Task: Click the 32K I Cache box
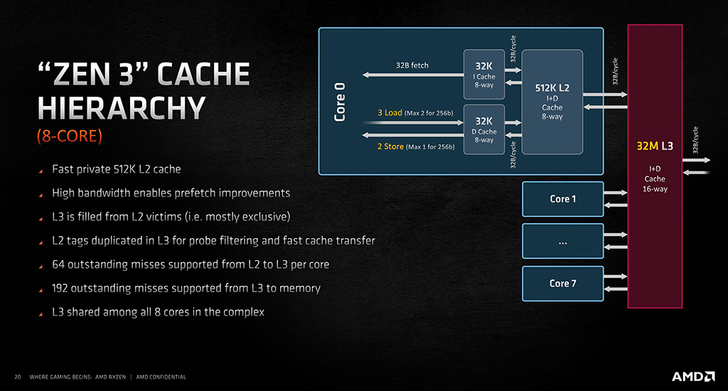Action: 483,75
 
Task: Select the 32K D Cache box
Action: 483,129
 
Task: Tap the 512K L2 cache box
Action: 552,102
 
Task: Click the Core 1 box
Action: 563,199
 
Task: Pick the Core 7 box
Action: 563,284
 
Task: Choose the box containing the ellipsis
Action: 563,241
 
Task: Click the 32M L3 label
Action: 655,146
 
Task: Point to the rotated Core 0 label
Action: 340,102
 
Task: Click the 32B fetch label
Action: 412,65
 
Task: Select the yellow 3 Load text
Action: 390,113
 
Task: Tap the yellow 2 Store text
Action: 390,146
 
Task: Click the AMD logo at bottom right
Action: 693,376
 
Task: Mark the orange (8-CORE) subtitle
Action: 70,136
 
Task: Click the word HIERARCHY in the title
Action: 122,108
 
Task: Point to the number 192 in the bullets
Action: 60,289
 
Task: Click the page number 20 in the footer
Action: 18,377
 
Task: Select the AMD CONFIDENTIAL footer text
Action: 161,377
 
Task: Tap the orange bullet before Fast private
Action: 41,171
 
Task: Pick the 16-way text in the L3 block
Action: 655,189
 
